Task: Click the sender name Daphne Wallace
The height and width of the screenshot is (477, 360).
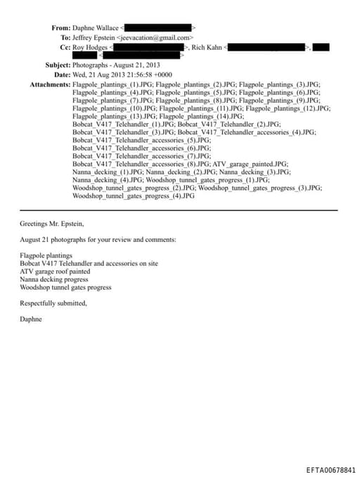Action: coord(96,27)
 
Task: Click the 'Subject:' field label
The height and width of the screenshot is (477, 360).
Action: coord(57,65)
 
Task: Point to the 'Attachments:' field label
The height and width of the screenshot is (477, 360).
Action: coord(50,84)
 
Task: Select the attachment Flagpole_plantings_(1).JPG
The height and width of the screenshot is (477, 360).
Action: coord(112,84)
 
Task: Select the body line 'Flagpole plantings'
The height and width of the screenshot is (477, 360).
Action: coord(46,255)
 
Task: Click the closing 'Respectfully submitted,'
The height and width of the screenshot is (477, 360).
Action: coord(53,303)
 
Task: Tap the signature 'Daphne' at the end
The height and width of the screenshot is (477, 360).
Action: coord(31,319)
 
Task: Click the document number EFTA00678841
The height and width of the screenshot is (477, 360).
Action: coord(330,469)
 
